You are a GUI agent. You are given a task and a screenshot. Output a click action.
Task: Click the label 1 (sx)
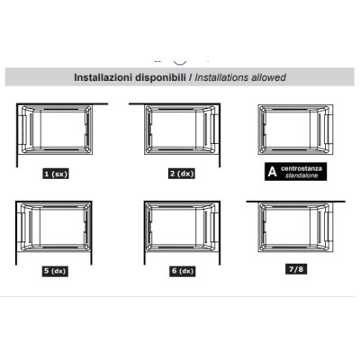pyautogui.click(x=56, y=174)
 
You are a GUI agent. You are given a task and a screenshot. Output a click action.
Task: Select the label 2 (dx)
pyautogui.click(x=182, y=174)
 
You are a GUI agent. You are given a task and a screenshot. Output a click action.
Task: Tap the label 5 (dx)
pyautogui.click(x=55, y=271)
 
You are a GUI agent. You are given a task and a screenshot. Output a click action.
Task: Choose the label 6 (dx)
pyautogui.click(x=183, y=271)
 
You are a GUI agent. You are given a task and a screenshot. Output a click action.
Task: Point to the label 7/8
pyautogui.click(x=296, y=269)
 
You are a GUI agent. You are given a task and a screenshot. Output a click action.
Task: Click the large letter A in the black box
pyautogui.click(x=272, y=172)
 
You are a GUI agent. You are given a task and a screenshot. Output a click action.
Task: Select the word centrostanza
pyautogui.click(x=301, y=168)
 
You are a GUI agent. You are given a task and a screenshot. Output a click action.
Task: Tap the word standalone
pyautogui.click(x=301, y=175)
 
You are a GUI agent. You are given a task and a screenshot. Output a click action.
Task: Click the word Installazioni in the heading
pyautogui.click(x=103, y=77)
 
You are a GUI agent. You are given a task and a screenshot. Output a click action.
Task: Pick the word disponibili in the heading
pyautogui.click(x=161, y=77)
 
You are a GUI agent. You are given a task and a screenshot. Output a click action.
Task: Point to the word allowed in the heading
pyautogui.click(x=268, y=77)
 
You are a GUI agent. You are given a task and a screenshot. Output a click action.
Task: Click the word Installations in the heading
pyautogui.click(x=221, y=77)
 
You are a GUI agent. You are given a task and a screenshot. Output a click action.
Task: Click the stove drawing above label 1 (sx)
pyautogui.click(x=55, y=130)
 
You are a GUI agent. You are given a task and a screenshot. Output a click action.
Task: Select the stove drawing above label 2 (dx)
pyautogui.click(x=181, y=130)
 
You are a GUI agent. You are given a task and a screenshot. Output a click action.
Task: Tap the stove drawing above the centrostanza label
pyautogui.click(x=296, y=130)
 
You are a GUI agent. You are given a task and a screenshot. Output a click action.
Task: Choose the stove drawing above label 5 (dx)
pyautogui.click(x=55, y=227)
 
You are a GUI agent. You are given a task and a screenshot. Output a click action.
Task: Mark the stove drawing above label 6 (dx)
pyautogui.click(x=182, y=227)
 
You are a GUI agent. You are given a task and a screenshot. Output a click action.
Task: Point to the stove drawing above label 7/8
pyautogui.click(x=296, y=227)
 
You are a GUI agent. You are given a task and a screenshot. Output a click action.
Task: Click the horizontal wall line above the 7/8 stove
pyautogui.click(x=295, y=202)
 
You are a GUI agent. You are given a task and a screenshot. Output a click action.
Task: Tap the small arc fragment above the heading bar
pyautogui.click(x=180, y=64)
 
